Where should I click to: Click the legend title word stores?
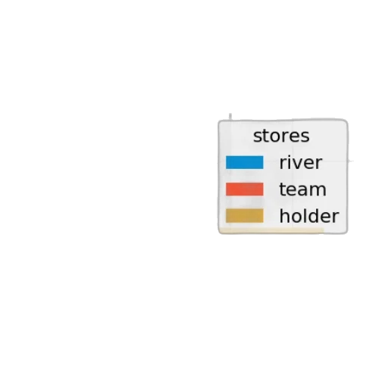tap(281, 136)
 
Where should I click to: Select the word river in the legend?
tap(301, 162)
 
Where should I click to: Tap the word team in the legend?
tap(302, 189)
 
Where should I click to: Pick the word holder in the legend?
tap(309, 216)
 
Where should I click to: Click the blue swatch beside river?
tap(245, 162)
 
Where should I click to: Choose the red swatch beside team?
tap(245, 189)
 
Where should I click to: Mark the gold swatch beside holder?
tap(245, 216)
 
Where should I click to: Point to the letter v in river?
tap(298, 164)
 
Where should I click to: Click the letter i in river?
tap(289, 162)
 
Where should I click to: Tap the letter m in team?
tap(318, 191)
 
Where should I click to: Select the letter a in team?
tap(303, 191)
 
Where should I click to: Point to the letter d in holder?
tap(311, 216)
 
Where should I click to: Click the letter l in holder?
tap(302, 215)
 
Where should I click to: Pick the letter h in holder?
tap(284, 215)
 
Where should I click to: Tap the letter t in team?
tap(283, 189)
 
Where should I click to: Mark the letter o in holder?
tap(294, 217)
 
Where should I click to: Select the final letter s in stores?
tap(305, 138)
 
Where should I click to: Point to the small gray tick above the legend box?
tap(230, 117)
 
